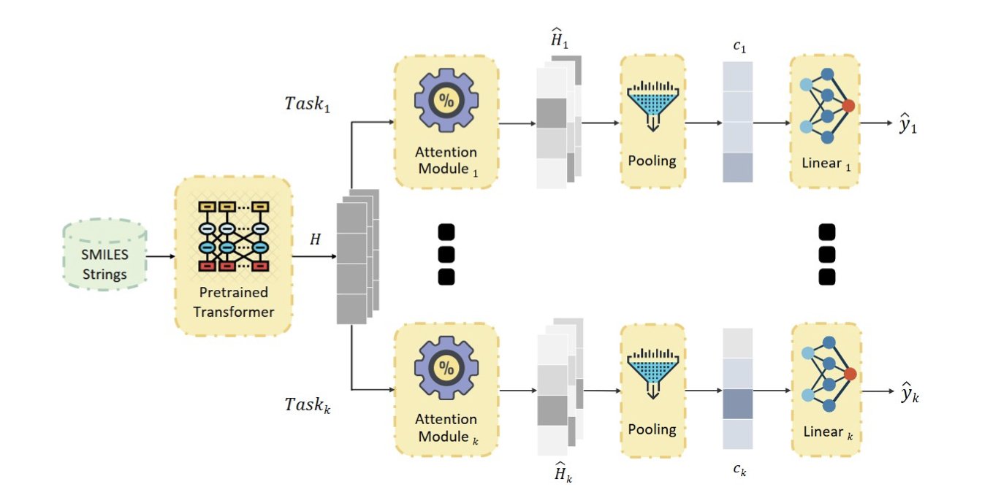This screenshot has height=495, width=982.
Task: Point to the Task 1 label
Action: tap(307, 103)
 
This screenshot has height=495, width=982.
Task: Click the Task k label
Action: tap(307, 404)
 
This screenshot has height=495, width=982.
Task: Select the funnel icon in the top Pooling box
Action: tap(652, 104)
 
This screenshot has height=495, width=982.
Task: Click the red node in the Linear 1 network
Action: tap(848, 106)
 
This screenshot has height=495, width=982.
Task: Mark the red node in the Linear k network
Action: tap(849, 375)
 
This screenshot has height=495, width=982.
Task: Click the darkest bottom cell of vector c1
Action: tap(736, 167)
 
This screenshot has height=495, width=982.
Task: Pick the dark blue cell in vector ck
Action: tap(736, 404)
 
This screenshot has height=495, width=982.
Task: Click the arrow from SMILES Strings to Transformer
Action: tap(160, 257)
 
